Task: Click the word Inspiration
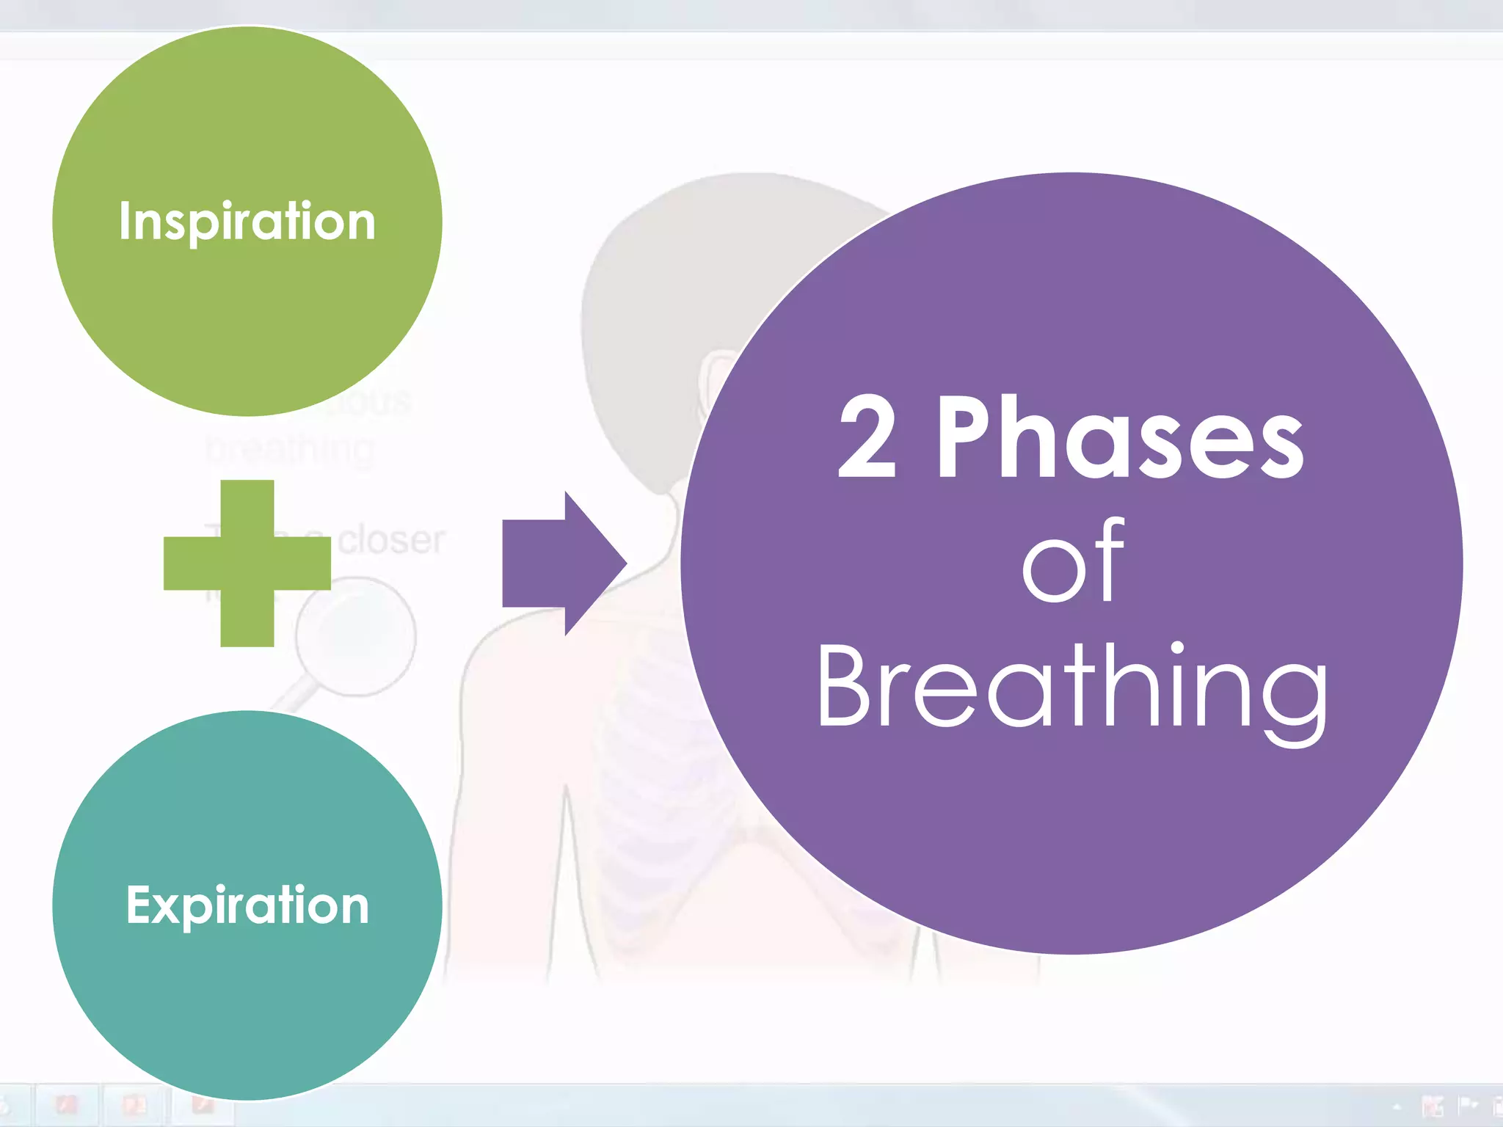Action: [247, 221]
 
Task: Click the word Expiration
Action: [247, 905]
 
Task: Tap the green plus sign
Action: [247, 563]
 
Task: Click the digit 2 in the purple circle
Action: [867, 437]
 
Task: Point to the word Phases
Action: [1120, 437]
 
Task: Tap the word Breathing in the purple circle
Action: [1072, 686]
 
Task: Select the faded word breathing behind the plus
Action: [291, 449]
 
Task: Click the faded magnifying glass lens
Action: [357, 636]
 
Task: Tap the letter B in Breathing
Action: [844, 686]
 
